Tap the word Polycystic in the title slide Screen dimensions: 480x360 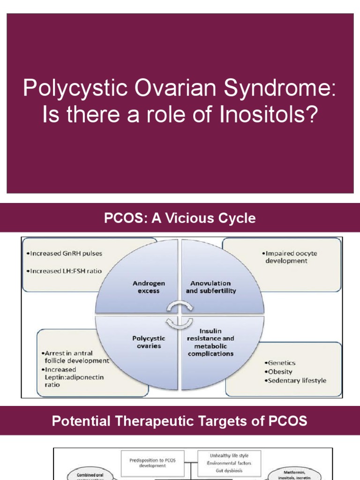coord(68,88)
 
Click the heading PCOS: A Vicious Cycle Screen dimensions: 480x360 coord(180,218)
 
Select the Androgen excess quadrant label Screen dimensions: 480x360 coord(149,287)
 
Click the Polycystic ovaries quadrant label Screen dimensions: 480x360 coord(149,342)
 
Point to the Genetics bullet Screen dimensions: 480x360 coord(281,363)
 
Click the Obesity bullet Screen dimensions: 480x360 coord(279,371)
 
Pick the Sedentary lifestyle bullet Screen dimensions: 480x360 coord(296,380)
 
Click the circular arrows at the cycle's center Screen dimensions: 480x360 coord(180,314)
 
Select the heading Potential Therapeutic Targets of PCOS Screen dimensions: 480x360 coord(180,421)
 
